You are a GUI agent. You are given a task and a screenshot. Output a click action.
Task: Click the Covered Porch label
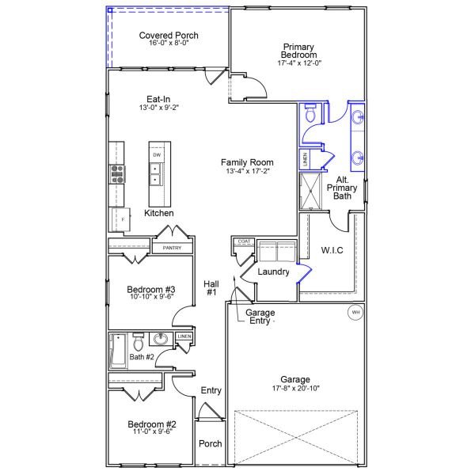click(x=169, y=36)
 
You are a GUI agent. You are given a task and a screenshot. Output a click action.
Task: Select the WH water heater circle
click(x=355, y=313)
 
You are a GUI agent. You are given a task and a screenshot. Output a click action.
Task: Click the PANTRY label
click(x=172, y=249)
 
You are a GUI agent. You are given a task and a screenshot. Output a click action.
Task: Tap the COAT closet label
click(x=243, y=241)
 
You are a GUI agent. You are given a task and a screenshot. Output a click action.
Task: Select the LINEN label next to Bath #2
click(x=184, y=336)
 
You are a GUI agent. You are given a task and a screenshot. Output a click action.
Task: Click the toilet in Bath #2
click(x=139, y=343)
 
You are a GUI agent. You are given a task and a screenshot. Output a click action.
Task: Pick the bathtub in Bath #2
click(x=119, y=350)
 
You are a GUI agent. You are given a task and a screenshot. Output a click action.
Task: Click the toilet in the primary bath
click(x=310, y=116)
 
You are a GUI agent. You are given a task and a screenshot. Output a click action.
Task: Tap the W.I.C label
click(x=332, y=250)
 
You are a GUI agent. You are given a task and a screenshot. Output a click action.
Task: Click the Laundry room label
click(x=274, y=272)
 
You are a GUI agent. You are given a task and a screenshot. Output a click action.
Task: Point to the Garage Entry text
click(x=260, y=317)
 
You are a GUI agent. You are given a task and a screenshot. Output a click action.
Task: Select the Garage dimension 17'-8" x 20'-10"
click(x=294, y=389)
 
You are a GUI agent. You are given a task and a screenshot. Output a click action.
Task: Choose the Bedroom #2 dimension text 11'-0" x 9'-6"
click(x=151, y=434)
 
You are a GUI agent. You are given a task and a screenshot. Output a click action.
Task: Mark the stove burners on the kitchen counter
click(x=117, y=173)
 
